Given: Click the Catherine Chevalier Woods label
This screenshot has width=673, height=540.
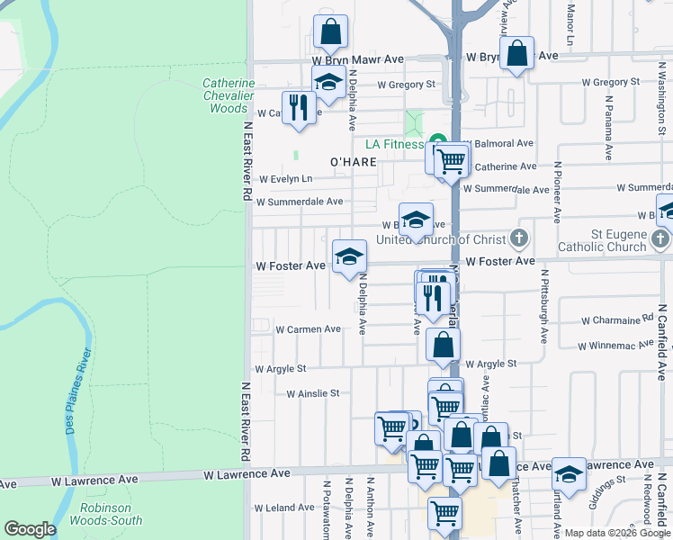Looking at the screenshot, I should pos(228,95).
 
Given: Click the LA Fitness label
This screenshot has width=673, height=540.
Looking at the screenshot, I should pos(393,144).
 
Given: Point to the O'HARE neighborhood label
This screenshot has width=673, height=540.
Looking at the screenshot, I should pos(352,162).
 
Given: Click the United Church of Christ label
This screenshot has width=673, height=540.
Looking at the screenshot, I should pos(441,239).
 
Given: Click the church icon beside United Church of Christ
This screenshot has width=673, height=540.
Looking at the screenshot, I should pos(518,239).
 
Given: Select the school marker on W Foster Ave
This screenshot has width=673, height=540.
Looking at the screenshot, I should pos(349,257).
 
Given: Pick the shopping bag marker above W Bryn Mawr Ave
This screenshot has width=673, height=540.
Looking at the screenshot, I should pos(331,32).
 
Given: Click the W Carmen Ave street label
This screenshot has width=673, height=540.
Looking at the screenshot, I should pos(308,329).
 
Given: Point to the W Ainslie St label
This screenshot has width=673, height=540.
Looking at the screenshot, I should pos(312,393).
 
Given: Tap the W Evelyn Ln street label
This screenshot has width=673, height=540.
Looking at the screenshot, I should pos(285,179).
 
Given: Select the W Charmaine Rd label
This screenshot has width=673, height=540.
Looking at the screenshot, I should pos(617,319).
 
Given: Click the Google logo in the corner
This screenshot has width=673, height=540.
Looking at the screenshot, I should pos(30,529).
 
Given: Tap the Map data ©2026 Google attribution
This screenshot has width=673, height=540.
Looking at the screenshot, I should pos(616,533).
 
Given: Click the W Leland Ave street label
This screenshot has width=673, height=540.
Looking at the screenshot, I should pos(284,508).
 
